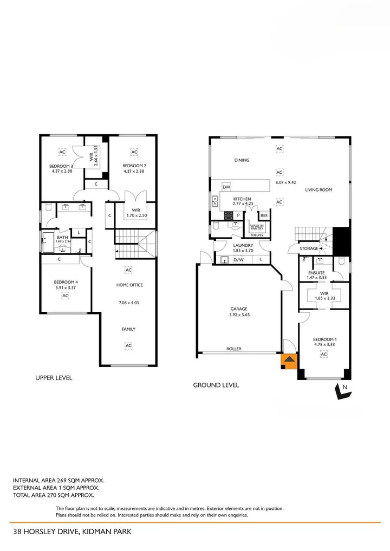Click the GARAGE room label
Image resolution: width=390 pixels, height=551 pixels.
pyautogui.click(x=238, y=309)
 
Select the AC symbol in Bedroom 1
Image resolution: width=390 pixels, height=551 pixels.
pyautogui.click(x=323, y=354)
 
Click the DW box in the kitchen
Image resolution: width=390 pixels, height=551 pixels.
pyautogui.click(x=226, y=187)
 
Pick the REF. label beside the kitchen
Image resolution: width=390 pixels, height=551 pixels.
pyautogui.click(x=264, y=215)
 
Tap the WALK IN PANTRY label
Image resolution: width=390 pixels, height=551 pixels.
pyautogui.click(x=257, y=227)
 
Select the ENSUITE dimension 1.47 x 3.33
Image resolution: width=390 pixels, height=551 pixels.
pyautogui.click(x=316, y=278)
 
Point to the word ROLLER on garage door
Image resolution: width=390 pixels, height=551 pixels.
pyautogui.click(x=233, y=349)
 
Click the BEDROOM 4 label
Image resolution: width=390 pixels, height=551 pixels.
pyautogui.click(x=65, y=282)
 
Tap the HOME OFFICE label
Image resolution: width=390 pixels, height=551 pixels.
pyautogui.click(x=129, y=285)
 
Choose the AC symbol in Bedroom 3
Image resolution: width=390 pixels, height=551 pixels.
pyautogui.click(x=62, y=152)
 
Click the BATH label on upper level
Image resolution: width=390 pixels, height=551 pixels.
pyautogui.click(x=62, y=237)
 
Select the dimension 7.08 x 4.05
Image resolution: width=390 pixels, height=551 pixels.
pyautogui.click(x=129, y=303)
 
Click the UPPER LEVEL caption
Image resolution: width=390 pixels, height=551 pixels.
pyautogui.click(x=54, y=378)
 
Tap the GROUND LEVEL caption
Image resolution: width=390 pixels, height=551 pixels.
pyautogui.click(x=216, y=385)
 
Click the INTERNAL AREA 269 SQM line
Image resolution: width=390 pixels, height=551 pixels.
pyautogui.click(x=58, y=480)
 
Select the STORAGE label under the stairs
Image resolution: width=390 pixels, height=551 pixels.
pyautogui.click(x=309, y=248)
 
